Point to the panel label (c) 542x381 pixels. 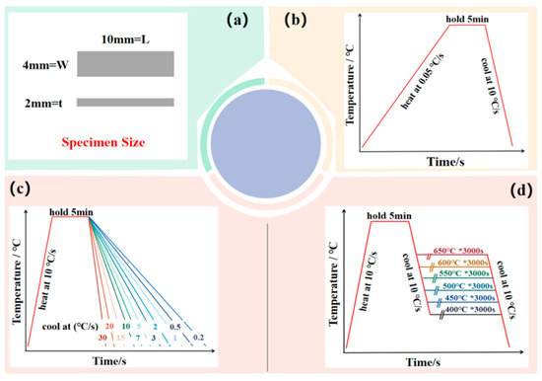19,188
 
